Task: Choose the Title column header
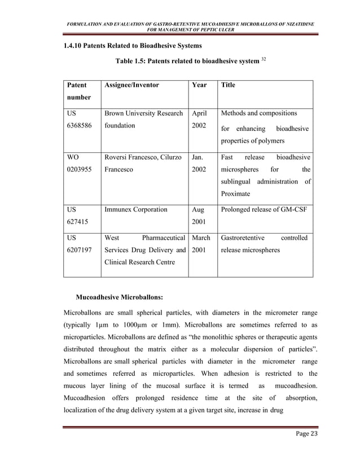[229, 85]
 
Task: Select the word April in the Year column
[201, 113]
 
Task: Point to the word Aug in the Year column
[199, 210]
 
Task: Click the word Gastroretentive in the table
[245, 238]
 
